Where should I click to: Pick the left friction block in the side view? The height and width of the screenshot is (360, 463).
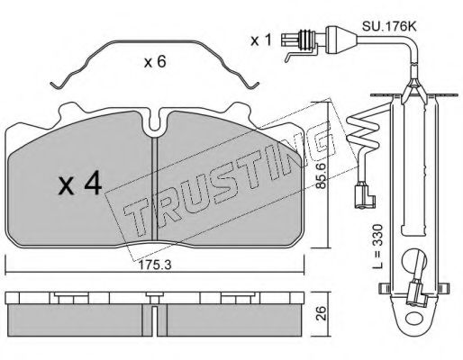pyautogui.click(x=80, y=317)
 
